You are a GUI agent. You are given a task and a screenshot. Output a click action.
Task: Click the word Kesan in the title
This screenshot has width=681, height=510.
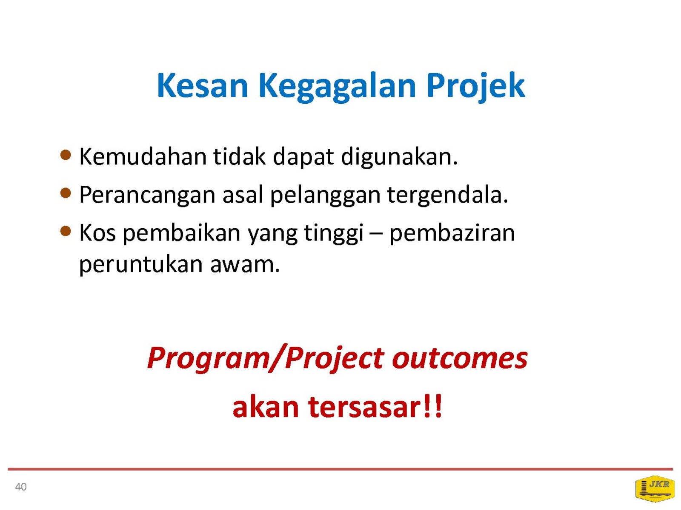click(x=203, y=85)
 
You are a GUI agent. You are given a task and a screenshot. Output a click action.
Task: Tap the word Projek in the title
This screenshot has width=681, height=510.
click(x=475, y=87)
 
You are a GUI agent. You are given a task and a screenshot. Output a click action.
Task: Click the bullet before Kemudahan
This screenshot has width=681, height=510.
click(x=66, y=155)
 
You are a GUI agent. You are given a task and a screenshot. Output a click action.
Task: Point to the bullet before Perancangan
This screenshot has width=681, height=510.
click(x=66, y=193)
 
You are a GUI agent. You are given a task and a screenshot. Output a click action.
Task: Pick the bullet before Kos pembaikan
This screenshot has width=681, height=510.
click(x=66, y=231)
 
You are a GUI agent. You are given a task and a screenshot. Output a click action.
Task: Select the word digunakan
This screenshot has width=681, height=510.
click(x=399, y=158)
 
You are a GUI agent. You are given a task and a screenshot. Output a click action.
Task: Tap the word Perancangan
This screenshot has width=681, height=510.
click(x=147, y=196)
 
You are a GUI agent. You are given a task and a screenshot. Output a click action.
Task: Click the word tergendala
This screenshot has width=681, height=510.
click(x=448, y=196)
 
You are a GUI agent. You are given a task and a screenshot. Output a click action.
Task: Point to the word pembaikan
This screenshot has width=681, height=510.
click(x=182, y=234)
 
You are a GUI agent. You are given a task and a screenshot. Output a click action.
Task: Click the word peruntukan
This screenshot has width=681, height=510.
click(x=141, y=265)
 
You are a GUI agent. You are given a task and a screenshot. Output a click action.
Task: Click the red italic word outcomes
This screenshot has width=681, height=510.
click(x=460, y=359)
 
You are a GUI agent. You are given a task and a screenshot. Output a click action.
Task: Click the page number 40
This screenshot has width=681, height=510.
click(x=21, y=487)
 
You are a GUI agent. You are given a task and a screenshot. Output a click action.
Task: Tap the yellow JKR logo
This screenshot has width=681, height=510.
click(x=655, y=488)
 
